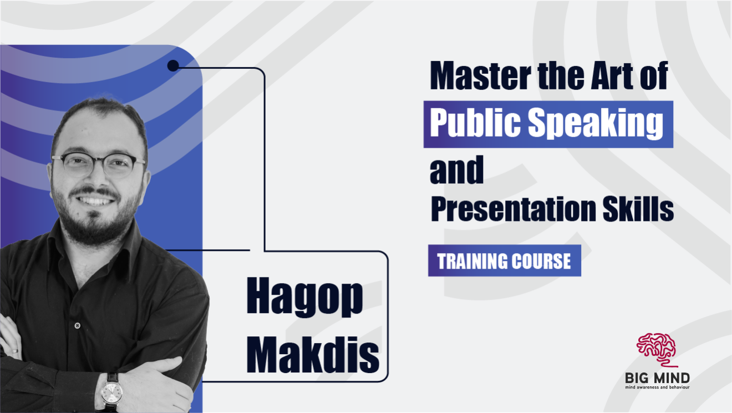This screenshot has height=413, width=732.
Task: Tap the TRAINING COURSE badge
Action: point(504,260)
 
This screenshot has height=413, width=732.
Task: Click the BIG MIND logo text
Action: point(657,378)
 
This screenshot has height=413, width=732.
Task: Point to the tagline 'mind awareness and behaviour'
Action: point(657,387)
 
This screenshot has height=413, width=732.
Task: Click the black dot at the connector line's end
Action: point(172,66)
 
